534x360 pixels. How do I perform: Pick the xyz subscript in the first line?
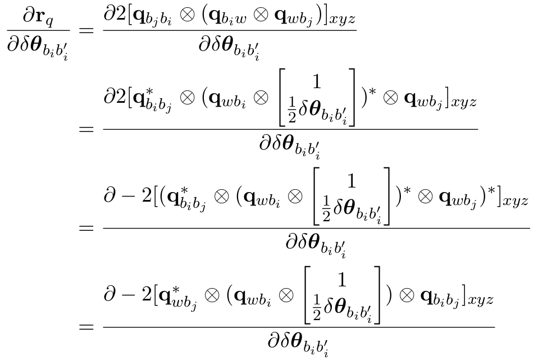[340, 20]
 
